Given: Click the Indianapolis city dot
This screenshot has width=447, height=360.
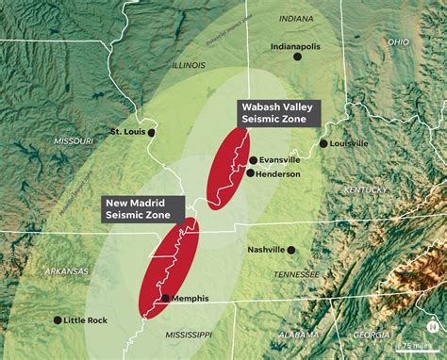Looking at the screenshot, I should tap(297, 57).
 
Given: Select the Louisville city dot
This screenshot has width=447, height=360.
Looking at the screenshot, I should tap(323, 143).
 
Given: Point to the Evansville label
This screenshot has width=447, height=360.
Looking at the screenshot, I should tap(279, 160).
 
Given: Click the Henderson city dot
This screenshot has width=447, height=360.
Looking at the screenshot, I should tap(250, 172).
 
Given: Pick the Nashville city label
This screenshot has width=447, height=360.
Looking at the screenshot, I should tap(266, 250).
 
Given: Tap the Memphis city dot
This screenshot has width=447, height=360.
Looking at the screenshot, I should tap(165, 298).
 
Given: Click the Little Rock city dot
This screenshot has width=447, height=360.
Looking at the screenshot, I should tap(58, 319).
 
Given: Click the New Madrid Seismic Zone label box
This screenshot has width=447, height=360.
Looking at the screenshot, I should tap(139, 209).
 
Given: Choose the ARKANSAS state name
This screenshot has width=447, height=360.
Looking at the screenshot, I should tap(66, 271).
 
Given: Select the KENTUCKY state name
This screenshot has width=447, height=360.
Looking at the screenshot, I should tap(366, 190).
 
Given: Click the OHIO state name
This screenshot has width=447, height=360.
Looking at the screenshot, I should tap(398, 41).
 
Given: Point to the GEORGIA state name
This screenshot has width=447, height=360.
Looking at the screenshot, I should tap(372, 335).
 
